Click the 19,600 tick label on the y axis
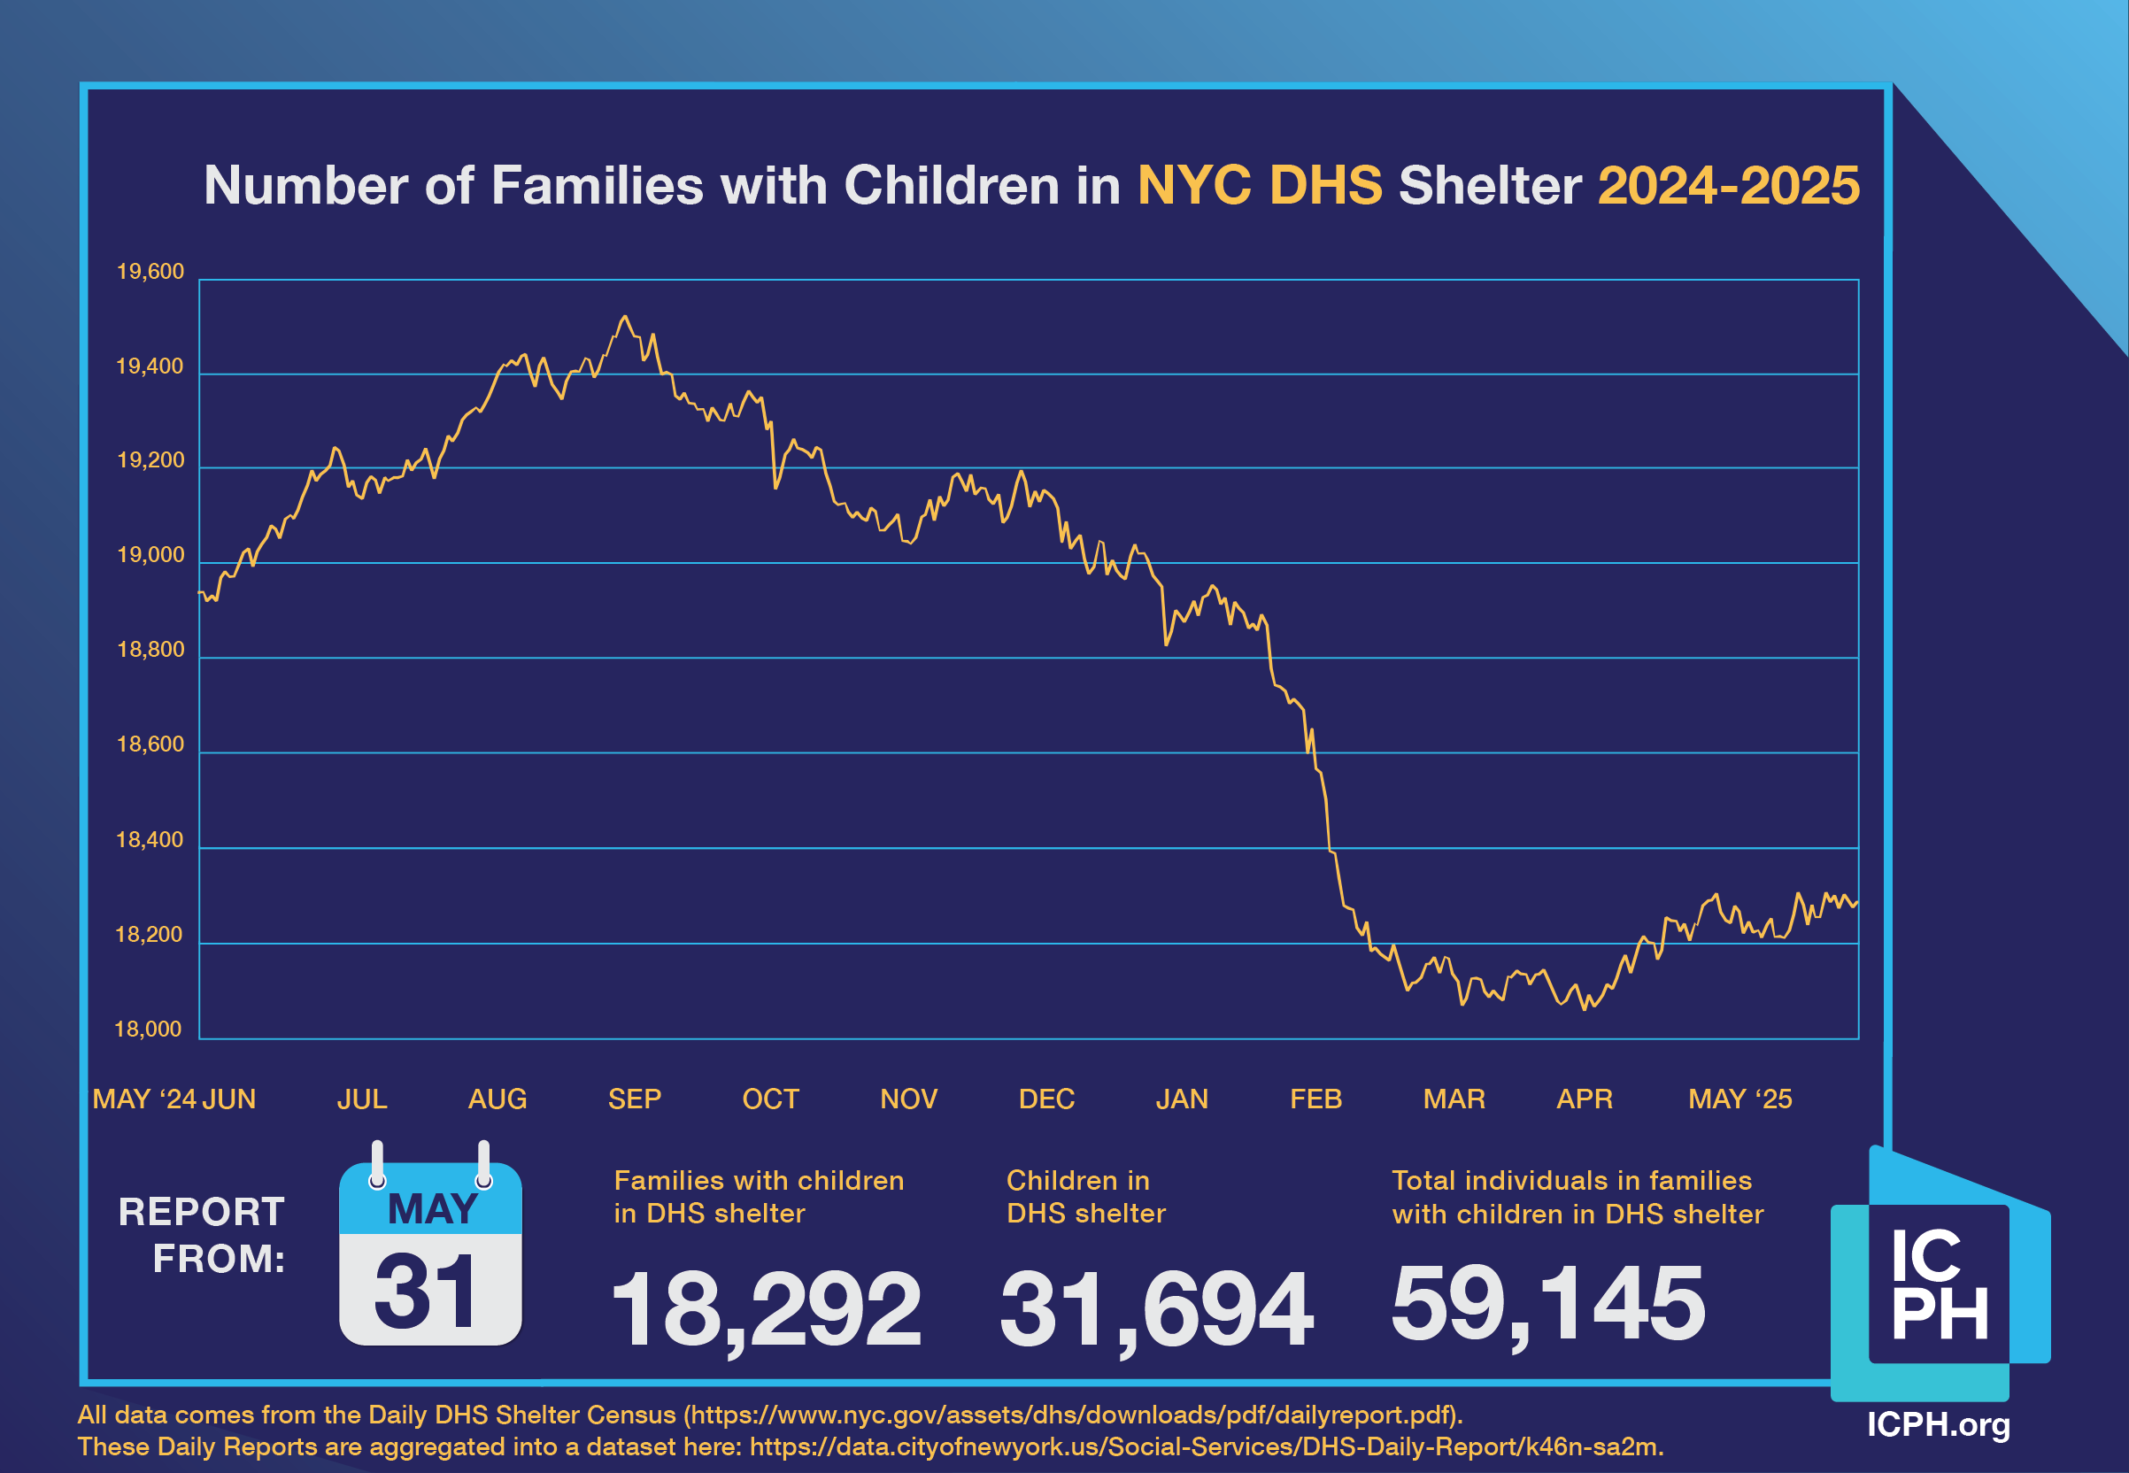pyautogui.click(x=150, y=272)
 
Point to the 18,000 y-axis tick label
pyautogui.click(x=148, y=1030)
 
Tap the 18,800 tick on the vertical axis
pyautogui.click(x=150, y=650)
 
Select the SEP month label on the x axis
pyautogui.click(x=634, y=1099)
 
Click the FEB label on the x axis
pyautogui.click(x=1315, y=1099)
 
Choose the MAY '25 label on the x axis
pyautogui.click(x=1739, y=1099)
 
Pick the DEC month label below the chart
pyautogui.click(x=1045, y=1099)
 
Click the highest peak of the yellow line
pyautogui.click(x=625, y=317)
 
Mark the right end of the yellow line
pyautogui.click(x=1856, y=903)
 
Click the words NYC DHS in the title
pyautogui.click(x=1259, y=186)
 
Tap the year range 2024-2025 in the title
pyautogui.click(x=1728, y=186)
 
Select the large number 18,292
pyautogui.click(x=765, y=1307)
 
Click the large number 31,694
pyautogui.click(x=1155, y=1307)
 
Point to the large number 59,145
pyautogui.click(x=1547, y=1303)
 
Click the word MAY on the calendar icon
pyautogui.click(x=432, y=1209)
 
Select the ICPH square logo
pyautogui.click(x=1938, y=1284)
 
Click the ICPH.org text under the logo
pyautogui.click(x=1938, y=1424)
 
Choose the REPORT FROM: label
pyautogui.click(x=202, y=1235)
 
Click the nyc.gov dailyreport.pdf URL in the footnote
pyautogui.click(x=1072, y=1415)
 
